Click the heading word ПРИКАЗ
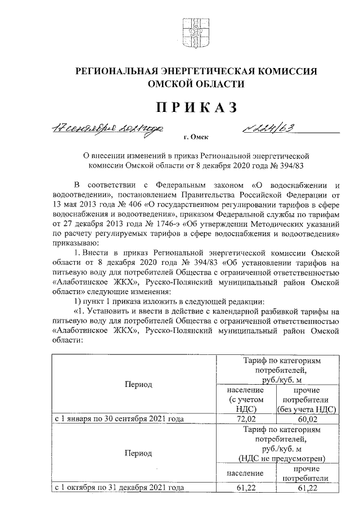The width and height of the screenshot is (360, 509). pos(195,107)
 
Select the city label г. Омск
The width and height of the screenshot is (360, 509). pos(195,137)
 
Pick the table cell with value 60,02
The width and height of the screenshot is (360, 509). pos(306,418)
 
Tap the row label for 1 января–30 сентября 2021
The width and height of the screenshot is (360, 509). pos(119,419)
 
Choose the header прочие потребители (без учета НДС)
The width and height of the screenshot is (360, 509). pos(306,400)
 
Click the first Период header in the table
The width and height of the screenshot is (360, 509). pos(136,385)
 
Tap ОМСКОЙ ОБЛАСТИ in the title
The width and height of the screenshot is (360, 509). pos(195,84)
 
